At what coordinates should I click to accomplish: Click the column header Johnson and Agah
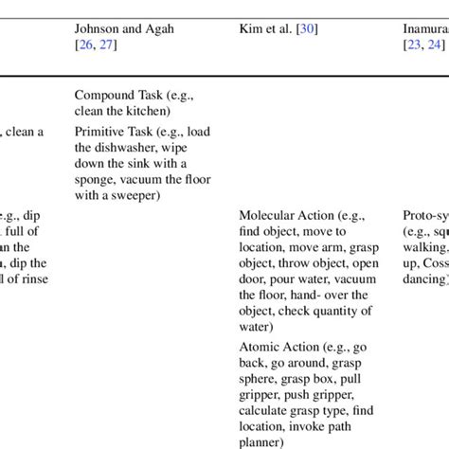point(124,29)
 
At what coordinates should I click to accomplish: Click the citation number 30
point(308,29)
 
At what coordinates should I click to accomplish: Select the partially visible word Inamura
point(425,29)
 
